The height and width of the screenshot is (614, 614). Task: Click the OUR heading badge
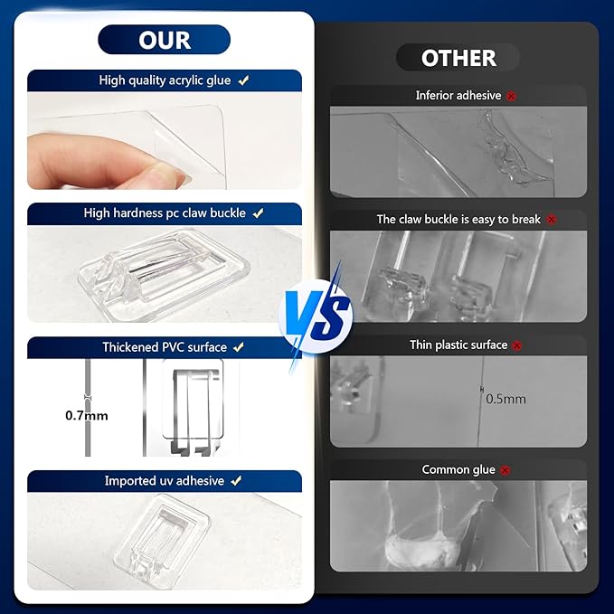164,40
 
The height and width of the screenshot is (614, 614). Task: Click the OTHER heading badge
458,58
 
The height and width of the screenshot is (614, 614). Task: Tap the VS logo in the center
316,316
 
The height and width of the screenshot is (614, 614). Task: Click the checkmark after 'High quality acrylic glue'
243,80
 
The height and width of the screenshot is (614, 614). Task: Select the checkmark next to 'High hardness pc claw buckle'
258,213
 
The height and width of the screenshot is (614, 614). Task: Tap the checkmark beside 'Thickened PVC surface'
239,347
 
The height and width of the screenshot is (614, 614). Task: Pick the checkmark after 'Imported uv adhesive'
236,481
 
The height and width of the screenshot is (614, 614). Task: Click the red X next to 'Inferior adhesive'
511,96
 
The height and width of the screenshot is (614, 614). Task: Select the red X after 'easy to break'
552,220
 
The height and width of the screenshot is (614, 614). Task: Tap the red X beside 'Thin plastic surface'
517,345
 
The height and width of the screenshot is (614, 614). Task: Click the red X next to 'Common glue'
505,470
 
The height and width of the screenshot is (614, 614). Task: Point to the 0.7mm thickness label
87,415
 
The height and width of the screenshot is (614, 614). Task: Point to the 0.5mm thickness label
505,399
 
